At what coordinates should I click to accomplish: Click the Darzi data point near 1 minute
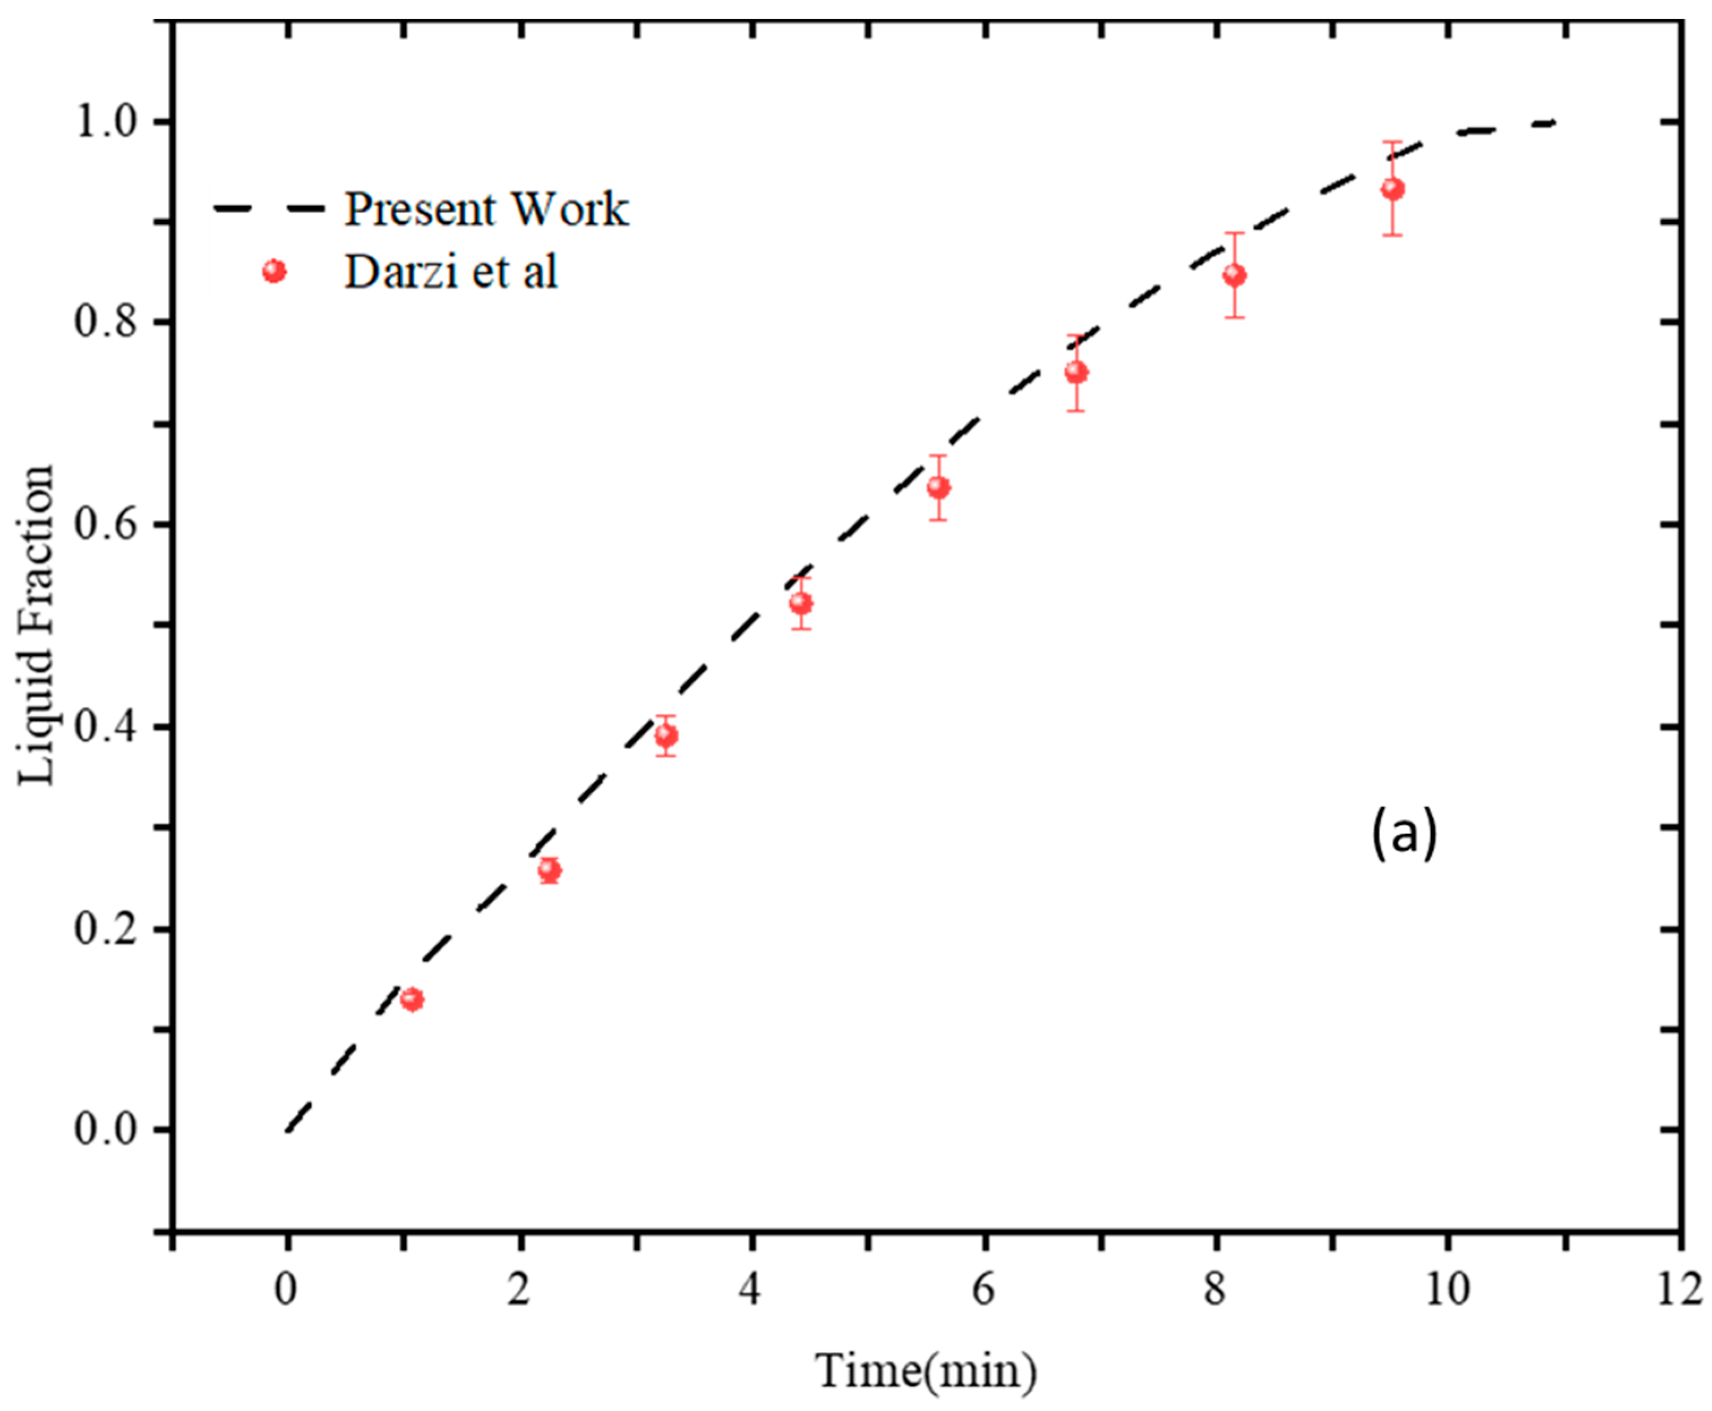coord(412,999)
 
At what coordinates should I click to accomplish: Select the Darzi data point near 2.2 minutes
coord(549,870)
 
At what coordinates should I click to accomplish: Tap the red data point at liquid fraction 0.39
coord(666,736)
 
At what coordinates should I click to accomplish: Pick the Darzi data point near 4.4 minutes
coord(801,603)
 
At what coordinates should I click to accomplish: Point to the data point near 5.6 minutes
coord(939,488)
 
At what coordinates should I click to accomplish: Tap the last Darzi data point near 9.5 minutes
coord(1393,189)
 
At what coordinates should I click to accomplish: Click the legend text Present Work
coord(486,209)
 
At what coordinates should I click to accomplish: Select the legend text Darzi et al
coord(451,271)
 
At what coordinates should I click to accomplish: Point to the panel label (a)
coord(1403,834)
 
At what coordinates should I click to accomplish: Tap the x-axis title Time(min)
coord(926,1371)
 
